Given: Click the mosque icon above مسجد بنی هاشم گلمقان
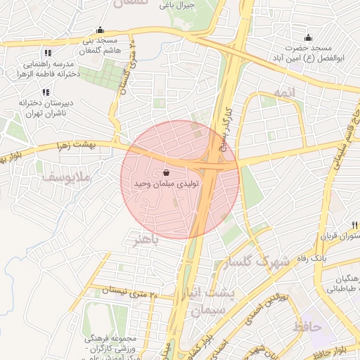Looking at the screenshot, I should click(x=100, y=30).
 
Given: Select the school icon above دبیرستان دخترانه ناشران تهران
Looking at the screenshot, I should click(x=46, y=92).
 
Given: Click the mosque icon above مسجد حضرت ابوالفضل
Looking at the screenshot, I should click(x=307, y=38).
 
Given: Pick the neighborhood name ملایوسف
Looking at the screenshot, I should click(x=65, y=176).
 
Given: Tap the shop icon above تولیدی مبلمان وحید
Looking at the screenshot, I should click(x=166, y=172).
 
